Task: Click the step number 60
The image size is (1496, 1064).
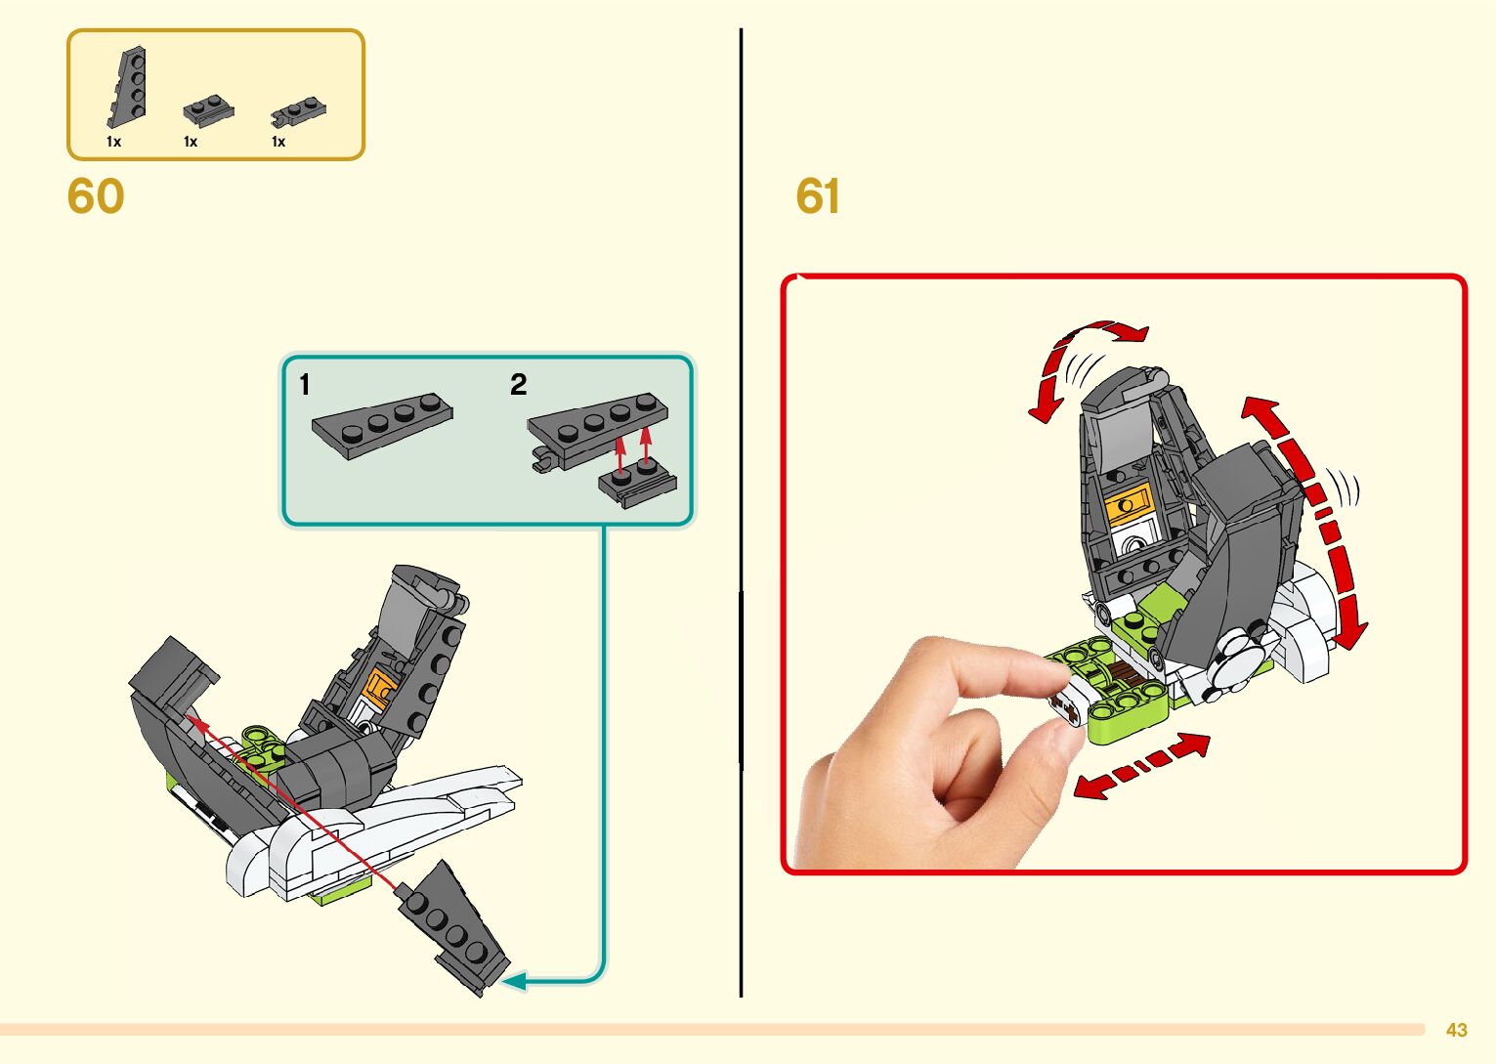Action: [96, 196]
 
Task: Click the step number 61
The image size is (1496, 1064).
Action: [818, 196]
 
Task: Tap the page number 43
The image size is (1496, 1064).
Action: [1456, 1030]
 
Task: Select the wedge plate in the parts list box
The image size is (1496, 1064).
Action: [128, 89]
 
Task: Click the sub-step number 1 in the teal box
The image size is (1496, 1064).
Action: [305, 385]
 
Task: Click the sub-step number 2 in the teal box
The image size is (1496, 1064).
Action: [518, 385]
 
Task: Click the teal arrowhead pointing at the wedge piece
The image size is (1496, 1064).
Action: [514, 980]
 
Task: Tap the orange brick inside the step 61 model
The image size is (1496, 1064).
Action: [1128, 503]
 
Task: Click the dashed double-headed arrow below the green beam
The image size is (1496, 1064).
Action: [1141, 765]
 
